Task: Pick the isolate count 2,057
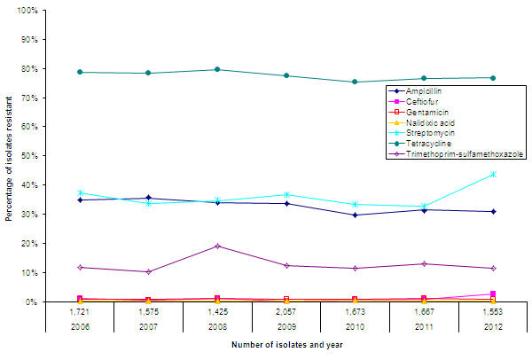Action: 286,311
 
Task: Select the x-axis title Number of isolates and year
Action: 286,345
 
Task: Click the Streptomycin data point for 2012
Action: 493,174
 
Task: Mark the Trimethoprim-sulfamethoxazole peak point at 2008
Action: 217,246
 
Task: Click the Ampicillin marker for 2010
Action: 355,215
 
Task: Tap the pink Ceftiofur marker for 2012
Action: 493,293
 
